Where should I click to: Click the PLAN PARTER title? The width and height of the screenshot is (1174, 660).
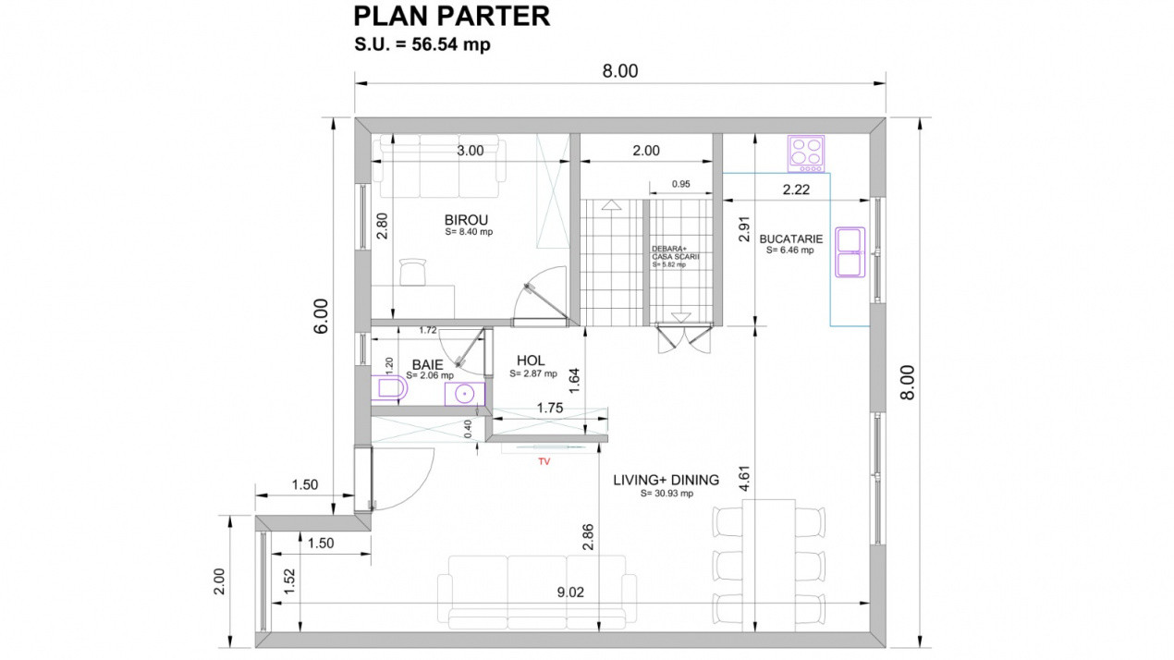tap(452, 16)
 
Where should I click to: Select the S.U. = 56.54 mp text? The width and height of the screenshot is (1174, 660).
tap(422, 44)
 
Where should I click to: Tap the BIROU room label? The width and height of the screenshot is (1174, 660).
tap(467, 220)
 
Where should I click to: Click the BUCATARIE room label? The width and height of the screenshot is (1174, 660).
tap(790, 238)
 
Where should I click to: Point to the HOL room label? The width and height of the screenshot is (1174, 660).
tap(531, 361)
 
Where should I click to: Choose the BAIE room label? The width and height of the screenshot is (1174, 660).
tap(427, 365)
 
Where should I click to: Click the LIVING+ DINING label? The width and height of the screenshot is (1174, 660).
tap(666, 480)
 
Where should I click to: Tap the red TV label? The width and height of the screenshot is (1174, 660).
tap(544, 459)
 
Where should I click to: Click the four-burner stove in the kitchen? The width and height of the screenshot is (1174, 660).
tap(805, 153)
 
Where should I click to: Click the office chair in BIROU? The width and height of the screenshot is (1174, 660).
tap(412, 273)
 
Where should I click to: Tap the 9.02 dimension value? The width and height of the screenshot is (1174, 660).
tap(570, 593)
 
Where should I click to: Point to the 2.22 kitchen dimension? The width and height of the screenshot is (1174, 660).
tap(796, 189)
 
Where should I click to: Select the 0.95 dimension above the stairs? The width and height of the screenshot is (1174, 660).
tap(680, 183)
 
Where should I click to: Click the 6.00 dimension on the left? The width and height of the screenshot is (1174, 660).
tap(320, 317)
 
